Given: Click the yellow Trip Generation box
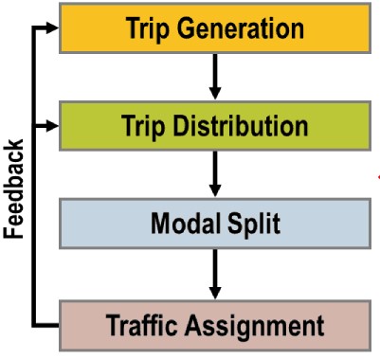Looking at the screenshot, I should tap(214, 28).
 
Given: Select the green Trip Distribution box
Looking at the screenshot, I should tap(214, 125).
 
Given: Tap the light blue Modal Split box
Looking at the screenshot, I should tap(214, 225).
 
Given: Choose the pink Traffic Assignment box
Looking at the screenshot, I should tap(214, 325).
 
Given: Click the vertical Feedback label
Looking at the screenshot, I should tap(13, 189).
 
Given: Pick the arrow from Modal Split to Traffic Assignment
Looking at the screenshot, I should tap(215, 276).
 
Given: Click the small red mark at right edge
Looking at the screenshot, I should tap(376, 176).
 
